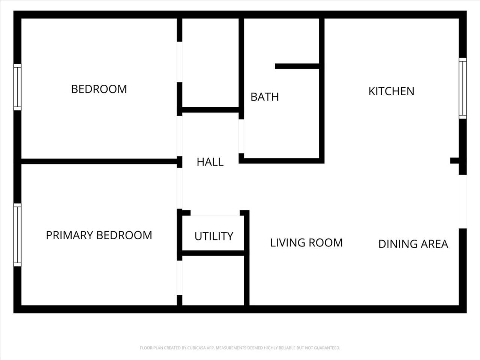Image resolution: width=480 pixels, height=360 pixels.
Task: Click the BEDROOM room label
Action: coord(99,89)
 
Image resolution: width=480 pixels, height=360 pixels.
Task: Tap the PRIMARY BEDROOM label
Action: coord(99,235)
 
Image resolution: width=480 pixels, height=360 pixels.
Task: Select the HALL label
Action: coord(210,162)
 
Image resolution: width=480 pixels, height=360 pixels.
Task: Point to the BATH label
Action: coord(265,97)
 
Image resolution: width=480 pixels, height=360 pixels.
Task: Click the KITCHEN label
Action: coord(391,91)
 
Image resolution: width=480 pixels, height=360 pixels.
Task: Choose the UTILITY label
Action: coord(214,236)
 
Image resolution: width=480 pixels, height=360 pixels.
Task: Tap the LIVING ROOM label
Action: coord(306,243)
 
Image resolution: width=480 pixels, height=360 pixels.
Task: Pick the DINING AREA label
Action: coord(413,244)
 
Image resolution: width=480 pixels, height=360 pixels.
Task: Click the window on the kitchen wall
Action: coord(462,88)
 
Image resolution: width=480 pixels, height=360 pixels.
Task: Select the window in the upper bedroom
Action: coord(18,87)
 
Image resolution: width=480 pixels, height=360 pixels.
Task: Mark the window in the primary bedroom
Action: coord(18,235)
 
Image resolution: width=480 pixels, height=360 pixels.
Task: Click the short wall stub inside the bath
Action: coord(297,66)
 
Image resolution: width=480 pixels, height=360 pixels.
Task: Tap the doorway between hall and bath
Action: coord(241,136)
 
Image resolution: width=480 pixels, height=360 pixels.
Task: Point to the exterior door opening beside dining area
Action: coord(463,201)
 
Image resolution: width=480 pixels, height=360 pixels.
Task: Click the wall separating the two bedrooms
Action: coord(99,162)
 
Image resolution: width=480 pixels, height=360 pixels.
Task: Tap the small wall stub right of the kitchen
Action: coord(454,160)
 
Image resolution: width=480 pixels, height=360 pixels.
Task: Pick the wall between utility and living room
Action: coord(247,258)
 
